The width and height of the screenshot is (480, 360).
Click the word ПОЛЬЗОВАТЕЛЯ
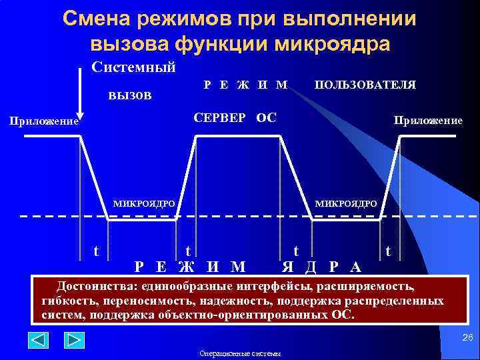coord(365,85)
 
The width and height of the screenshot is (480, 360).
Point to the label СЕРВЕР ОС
coord(235,118)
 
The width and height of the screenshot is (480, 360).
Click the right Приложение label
coord(428,120)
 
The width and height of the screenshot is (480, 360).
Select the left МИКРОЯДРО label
coord(144,203)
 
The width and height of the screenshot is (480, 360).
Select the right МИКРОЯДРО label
coord(345,203)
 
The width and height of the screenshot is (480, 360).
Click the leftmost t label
coord(97,251)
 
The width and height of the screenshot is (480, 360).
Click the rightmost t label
coord(389,251)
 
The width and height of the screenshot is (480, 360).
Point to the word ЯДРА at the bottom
coord(321,267)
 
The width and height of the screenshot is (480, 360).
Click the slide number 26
coord(467,339)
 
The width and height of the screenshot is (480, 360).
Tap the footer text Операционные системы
coord(240,354)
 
